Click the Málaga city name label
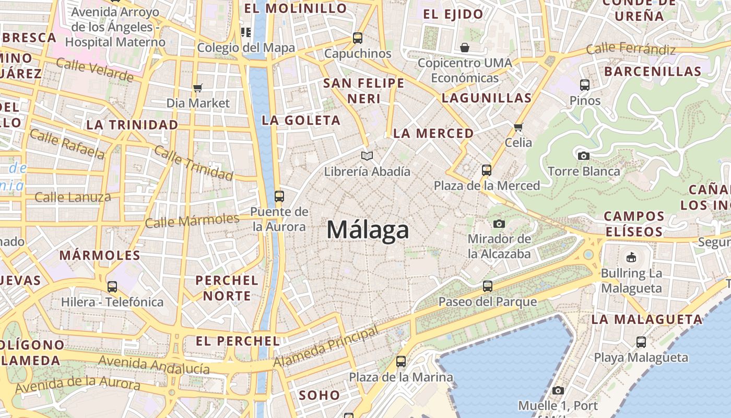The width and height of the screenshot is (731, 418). [x=368, y=230]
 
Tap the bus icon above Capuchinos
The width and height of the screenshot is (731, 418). [x=358, y=38]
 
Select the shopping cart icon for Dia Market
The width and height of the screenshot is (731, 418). [x=197, y=88]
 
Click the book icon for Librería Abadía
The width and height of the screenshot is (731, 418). [x=367, y=156]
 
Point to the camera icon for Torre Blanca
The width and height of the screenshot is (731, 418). [x=584, y=156]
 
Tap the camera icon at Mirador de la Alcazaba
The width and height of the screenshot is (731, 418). [x=499, y=224]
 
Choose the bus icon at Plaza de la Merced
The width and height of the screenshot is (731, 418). [x=487, y=170]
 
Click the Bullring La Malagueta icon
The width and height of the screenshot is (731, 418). [x=631, y=257]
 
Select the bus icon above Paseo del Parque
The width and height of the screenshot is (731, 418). [x=488, y=286]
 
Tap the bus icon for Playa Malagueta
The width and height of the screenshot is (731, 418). [x=641, y=342]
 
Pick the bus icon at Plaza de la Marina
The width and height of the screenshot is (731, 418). [x=401, y=361]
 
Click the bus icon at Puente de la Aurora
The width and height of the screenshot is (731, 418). [x=279, y=196]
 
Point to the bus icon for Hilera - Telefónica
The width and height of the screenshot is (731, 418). [x=112, y=286]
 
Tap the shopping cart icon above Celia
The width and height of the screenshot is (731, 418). [x=518, y=127]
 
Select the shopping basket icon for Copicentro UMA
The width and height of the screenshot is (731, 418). [x=465, y=48]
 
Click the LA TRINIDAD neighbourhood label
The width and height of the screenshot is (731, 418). [x=132, y=125]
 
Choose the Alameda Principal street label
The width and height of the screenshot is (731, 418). [x=326, y=346]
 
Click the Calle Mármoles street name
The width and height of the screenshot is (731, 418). [x=192, y=220]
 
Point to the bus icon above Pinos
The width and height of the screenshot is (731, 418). [x=585, y=85]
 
